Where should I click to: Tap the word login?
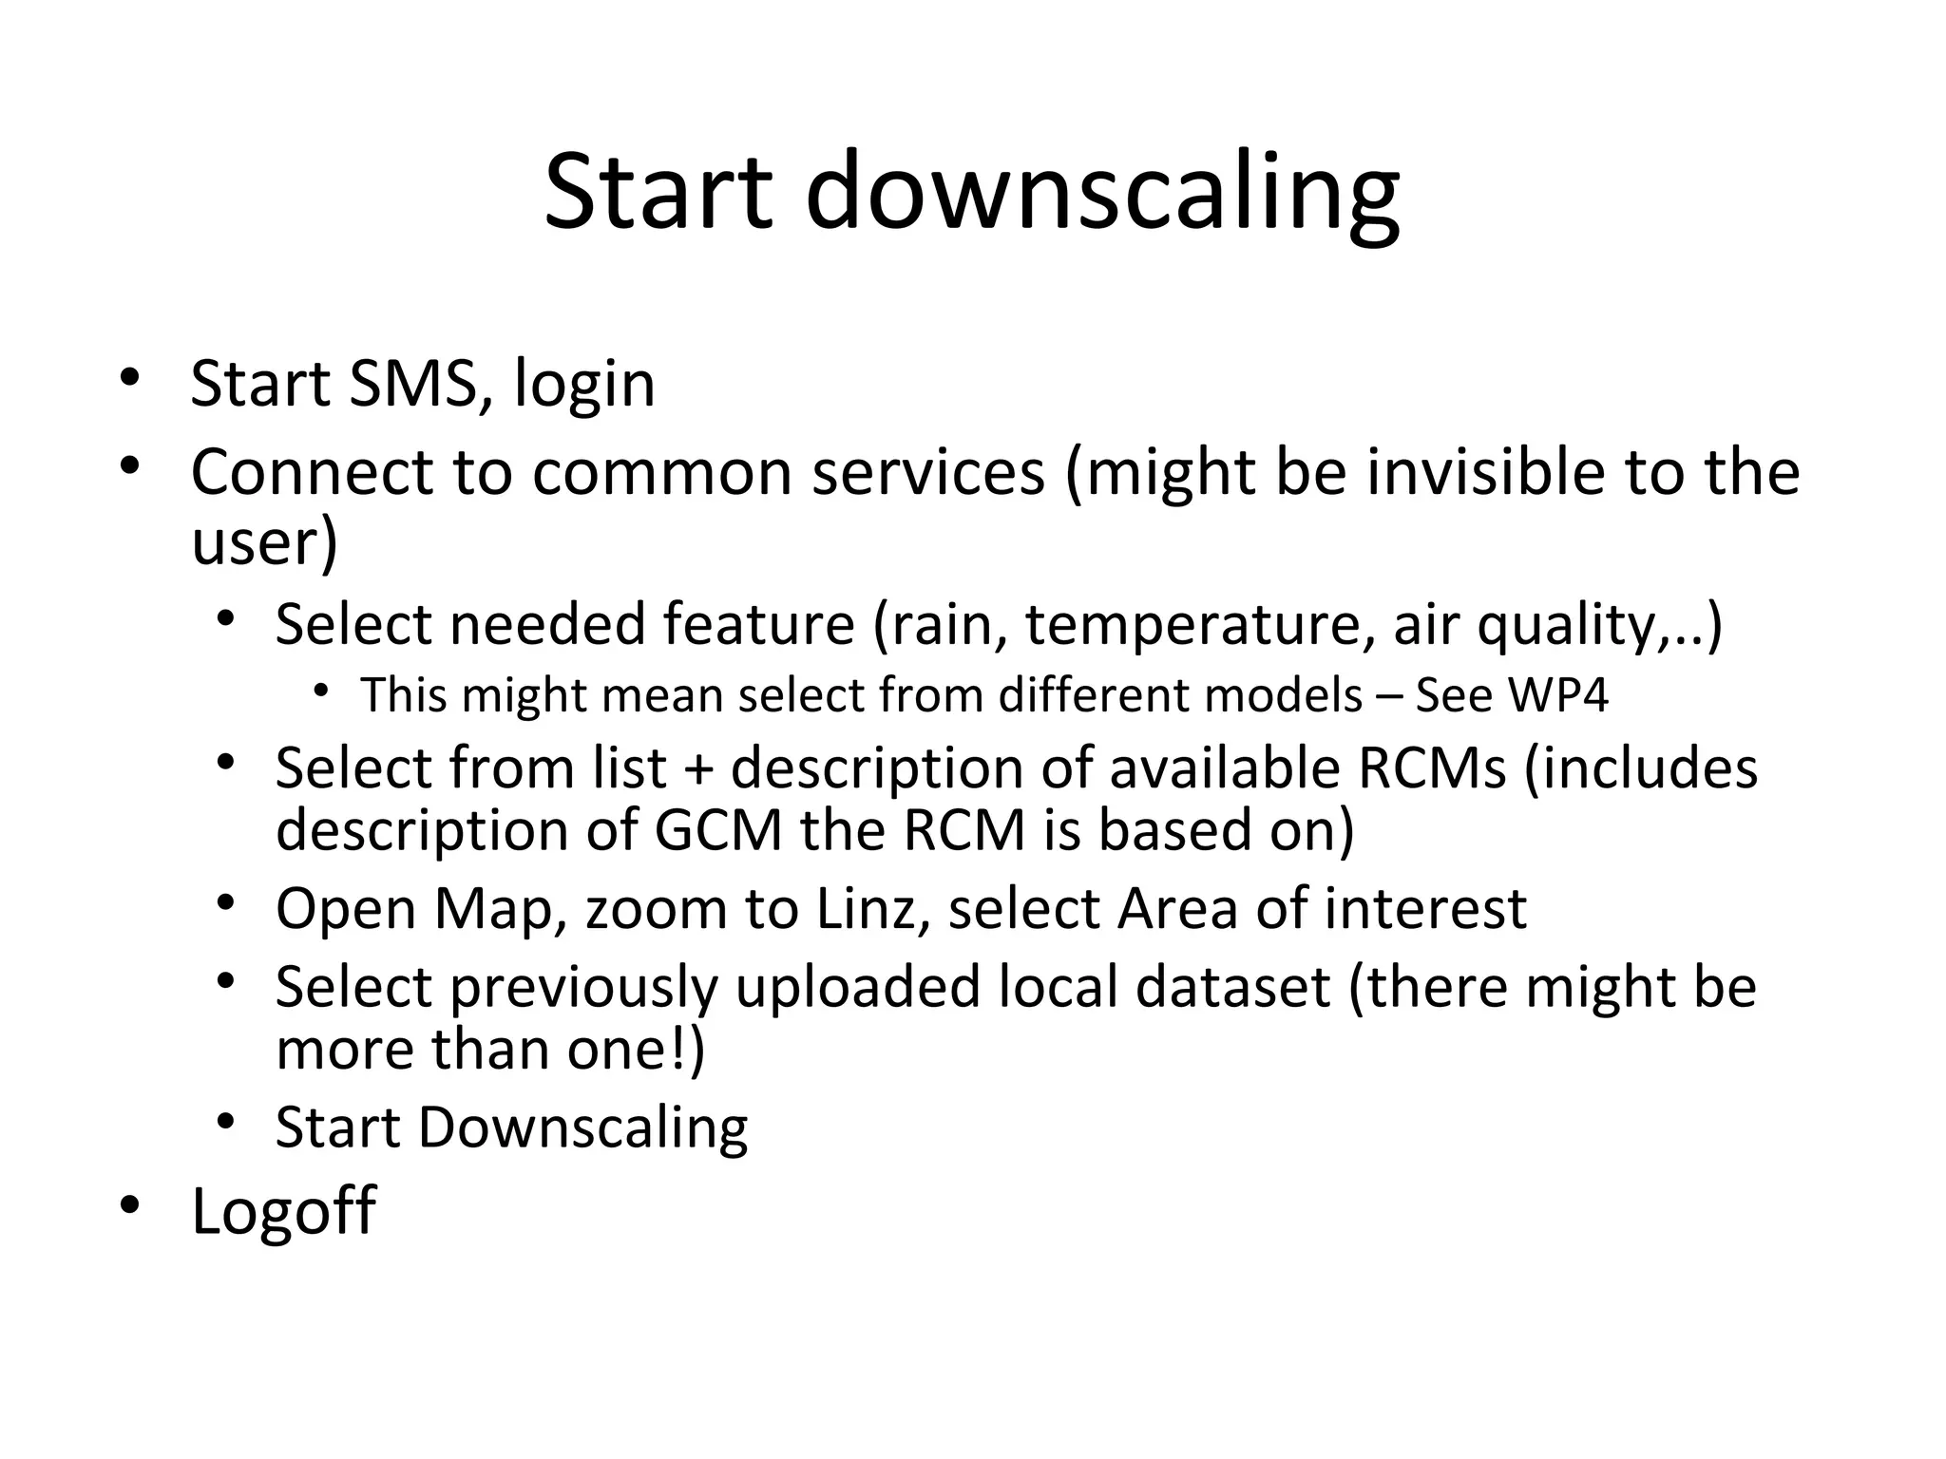pos(584,386)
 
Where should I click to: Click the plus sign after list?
pos(697,768)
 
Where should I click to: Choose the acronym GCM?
pos(718,830)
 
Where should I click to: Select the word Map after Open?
pos(494,909)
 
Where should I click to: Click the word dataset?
pos(1232,987)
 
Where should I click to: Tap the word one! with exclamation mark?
pos(636,1050)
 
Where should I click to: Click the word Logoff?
pos(283,1211)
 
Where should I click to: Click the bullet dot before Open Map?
pos(224,903)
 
